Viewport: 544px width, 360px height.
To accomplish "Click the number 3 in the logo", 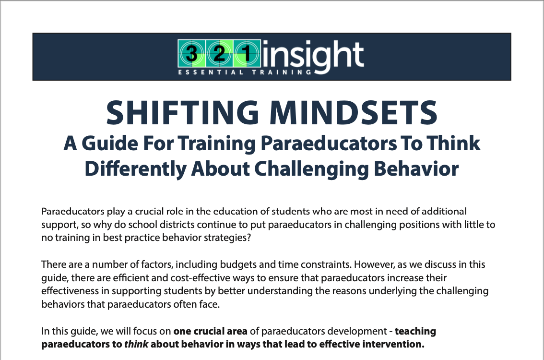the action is [191, 54].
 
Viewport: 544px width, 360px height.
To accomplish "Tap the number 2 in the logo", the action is [219, 54].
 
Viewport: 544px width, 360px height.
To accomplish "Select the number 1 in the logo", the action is [247, 54].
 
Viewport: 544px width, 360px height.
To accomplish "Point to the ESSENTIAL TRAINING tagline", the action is [245, 72].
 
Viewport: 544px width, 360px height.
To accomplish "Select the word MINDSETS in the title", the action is [354, 112].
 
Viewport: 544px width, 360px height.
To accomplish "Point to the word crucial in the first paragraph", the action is [149, 211].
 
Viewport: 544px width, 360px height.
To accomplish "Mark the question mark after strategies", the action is [248, 238].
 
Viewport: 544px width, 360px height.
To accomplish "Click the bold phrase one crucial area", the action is [210, 331].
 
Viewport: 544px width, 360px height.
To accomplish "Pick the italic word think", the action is [136, 344].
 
